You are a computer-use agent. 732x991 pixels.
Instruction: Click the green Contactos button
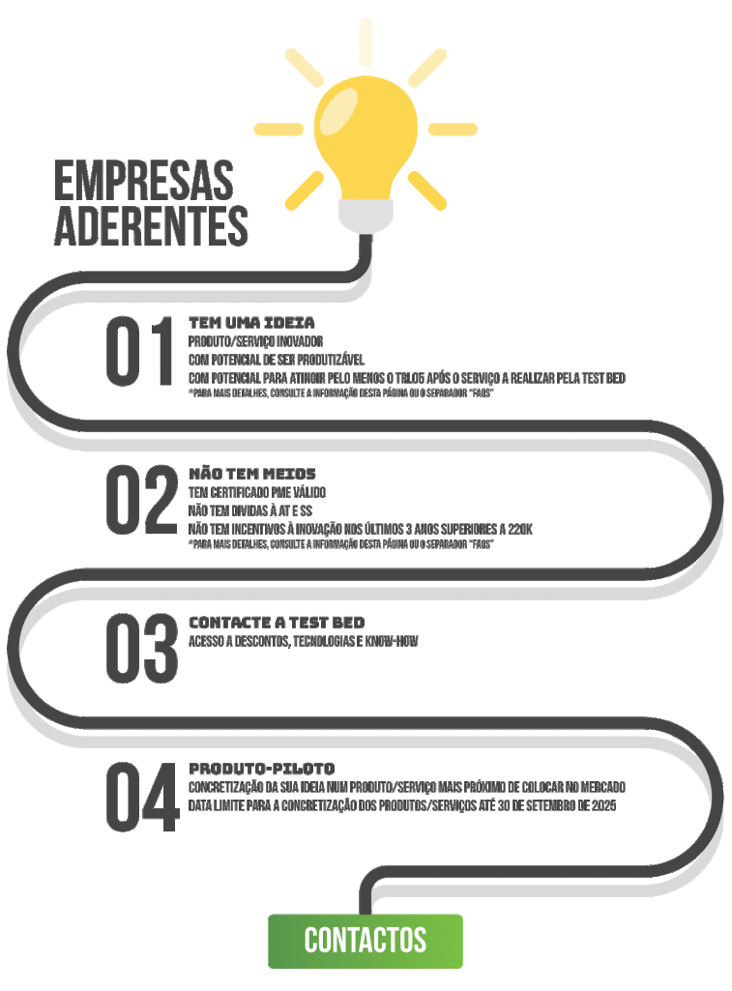365,940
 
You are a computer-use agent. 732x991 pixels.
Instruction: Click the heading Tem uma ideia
251,322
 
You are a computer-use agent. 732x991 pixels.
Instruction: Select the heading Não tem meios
252,473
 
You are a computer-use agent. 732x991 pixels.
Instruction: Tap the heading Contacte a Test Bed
277,622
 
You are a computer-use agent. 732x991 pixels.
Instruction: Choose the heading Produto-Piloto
262,768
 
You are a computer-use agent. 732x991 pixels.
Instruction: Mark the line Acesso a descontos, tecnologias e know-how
303,642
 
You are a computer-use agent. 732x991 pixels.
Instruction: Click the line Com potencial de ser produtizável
276,360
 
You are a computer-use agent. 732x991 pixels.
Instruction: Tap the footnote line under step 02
341,545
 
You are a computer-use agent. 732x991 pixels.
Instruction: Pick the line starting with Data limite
401,805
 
